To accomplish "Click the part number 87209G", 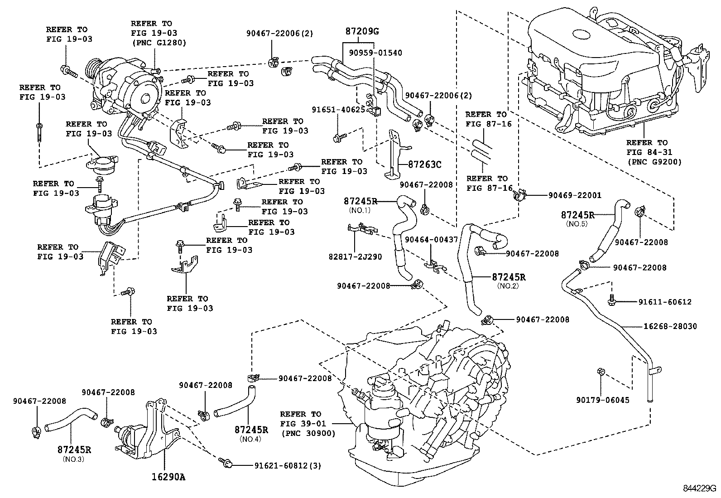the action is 362,31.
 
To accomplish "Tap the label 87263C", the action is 424,164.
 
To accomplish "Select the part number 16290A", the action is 168,477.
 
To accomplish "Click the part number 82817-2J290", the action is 355,257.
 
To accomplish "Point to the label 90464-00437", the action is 431,240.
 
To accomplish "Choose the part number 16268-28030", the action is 670,326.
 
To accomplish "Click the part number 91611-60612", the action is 665,302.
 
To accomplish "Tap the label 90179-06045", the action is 603,400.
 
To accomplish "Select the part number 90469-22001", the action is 575,195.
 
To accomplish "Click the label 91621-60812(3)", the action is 288,466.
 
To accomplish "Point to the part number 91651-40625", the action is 338,110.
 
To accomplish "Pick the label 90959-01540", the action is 375,53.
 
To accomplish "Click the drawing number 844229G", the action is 699,488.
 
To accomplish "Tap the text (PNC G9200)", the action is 654,162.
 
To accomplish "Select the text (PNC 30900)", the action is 308,434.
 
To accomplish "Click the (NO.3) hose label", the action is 74,459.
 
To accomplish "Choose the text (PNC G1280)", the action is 159,43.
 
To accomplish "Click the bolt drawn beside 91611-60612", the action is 611,300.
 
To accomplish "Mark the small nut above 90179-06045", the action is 600,372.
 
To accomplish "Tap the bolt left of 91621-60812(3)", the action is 226,463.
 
